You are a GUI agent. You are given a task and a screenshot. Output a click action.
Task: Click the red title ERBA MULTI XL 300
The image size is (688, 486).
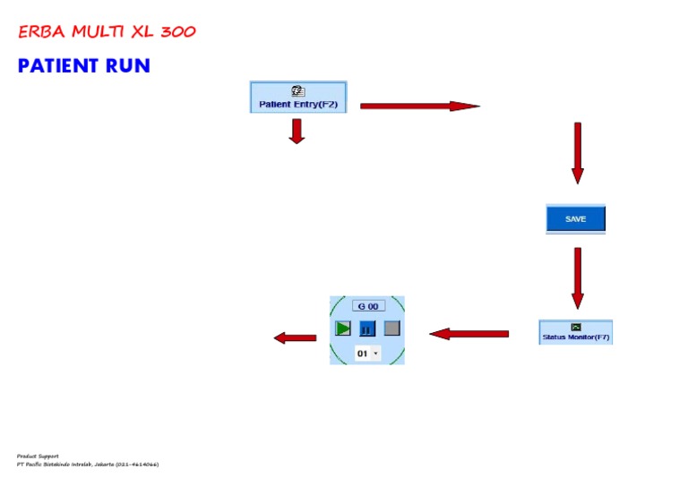tap(107, 32)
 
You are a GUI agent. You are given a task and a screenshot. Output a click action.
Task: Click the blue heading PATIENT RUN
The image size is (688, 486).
tap(83, 66)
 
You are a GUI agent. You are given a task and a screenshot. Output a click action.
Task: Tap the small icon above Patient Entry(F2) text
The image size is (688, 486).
tap(298, 91)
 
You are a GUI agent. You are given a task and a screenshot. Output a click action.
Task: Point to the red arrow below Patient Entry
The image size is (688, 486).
tap(297, 132)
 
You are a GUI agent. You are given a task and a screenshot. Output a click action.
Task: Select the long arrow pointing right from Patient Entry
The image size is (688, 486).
tap(419, 107)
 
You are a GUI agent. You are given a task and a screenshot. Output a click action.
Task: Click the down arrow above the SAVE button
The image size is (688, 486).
tap(577, 152)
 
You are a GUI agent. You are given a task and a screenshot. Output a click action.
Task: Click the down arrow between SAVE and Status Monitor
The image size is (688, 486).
tap(577, 277)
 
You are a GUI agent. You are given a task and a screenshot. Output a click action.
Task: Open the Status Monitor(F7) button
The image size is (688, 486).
tap(576, 333)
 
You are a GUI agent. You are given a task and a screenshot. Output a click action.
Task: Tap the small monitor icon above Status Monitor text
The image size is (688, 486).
tap(576, 327)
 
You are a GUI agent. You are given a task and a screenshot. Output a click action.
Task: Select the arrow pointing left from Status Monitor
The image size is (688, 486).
tap(469, 334)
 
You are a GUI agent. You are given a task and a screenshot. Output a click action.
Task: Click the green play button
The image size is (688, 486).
tap(343, 328)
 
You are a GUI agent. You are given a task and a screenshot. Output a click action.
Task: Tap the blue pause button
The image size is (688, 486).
tap(367, 328)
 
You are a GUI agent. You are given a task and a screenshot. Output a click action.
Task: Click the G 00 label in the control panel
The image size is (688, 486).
tap(367, 306)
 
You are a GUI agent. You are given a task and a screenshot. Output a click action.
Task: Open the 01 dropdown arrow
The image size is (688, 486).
tap(375, 354)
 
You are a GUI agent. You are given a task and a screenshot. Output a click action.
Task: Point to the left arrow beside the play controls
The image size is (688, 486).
tap(295, 337)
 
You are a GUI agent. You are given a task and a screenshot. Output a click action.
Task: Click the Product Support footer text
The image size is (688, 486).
tap(38, 456)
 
